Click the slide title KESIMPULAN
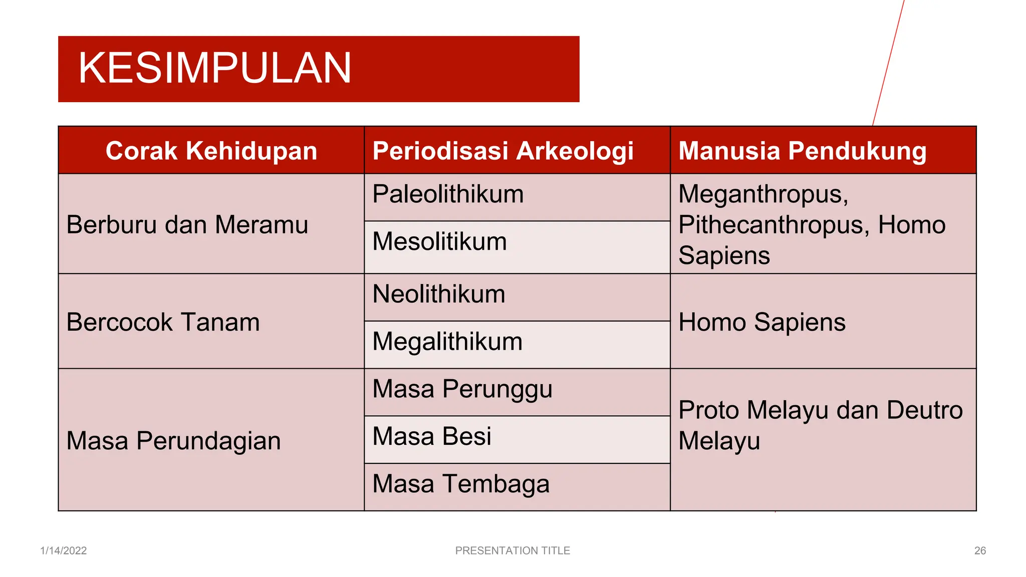(x=214, y=68)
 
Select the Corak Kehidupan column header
(x=211, y=151)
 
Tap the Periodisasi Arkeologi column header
(x=503, y=151)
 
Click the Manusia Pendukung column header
(x=802, y=151)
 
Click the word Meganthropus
(x=763, y=194)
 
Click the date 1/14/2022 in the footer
(x=64, y=550)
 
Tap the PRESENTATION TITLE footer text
(x=512, y=550)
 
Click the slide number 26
(x=980, y=550)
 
